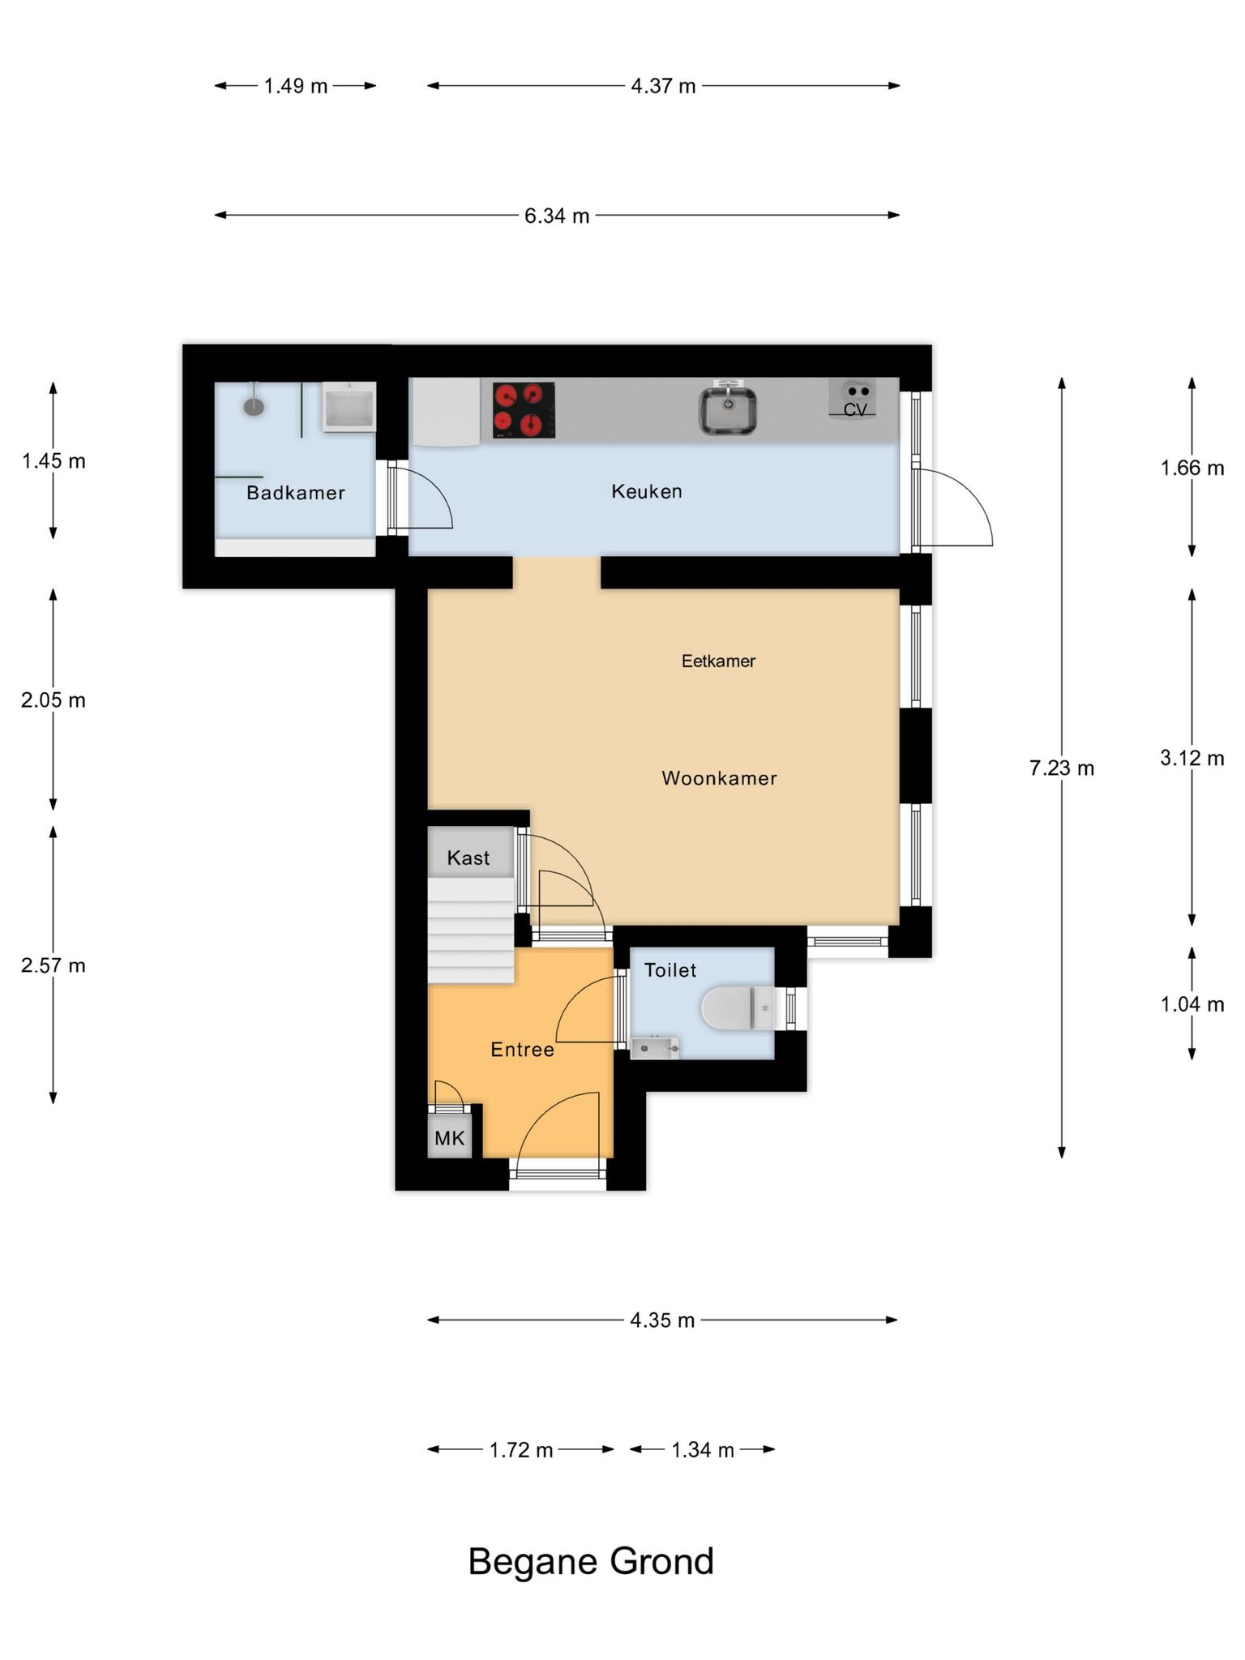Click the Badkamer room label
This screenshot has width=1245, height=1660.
coord(296,493)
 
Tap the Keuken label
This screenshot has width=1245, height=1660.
coord(647,491)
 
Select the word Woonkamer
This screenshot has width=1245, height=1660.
coord(720,778)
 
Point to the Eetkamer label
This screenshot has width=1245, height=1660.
coord(718,661)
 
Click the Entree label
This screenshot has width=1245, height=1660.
coord(523,1050)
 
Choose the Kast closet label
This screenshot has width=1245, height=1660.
coord(468,858)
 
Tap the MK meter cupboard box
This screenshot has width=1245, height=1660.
coord(450,1138)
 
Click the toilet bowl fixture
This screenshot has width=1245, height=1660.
coord(738,1008)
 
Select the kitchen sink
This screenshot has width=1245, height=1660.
coord(728,409)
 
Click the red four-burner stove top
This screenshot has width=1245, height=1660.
coord(524,410)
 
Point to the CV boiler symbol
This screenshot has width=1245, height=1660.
coord(853,399)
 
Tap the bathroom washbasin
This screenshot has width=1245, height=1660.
coord(349,407)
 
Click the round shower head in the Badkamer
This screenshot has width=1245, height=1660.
coord(255,405)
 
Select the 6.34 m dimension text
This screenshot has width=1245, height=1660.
coord(557,216)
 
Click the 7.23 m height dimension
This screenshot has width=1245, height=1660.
coord(1062,768)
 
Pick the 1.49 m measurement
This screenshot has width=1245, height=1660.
coord(296,86)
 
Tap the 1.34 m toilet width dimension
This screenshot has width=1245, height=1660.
coord(703,1450)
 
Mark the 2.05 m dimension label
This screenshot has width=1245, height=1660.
coord(53,700)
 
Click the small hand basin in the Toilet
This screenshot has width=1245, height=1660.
coord(655,1048)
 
